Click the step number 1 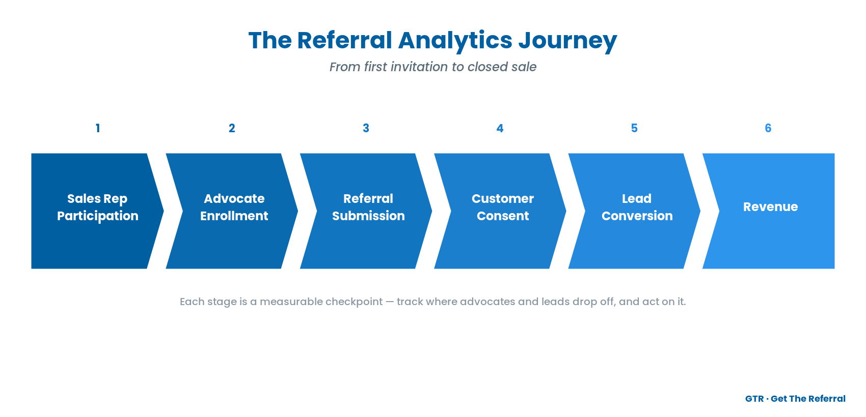(x=98, y=128)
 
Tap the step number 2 (x=232, y=128)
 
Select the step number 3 (x=366, y=128)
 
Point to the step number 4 (x=500, y=128)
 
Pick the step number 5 (x=634, y=128)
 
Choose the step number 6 (x=768, y=128)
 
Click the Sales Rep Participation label (x=98, y=207)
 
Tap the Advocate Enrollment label (x=234, y=207)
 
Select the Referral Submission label (x=368, y=207)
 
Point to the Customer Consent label (x=503, y=207)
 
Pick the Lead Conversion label (x=637, y=207)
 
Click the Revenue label (x=771, y=206)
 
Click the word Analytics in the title (x=455, y=41)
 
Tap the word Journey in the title (x=567, y=41)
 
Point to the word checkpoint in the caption (x=354, y=302)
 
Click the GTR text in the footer (x=754, y=399)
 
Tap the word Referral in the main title (x=344, y=40)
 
